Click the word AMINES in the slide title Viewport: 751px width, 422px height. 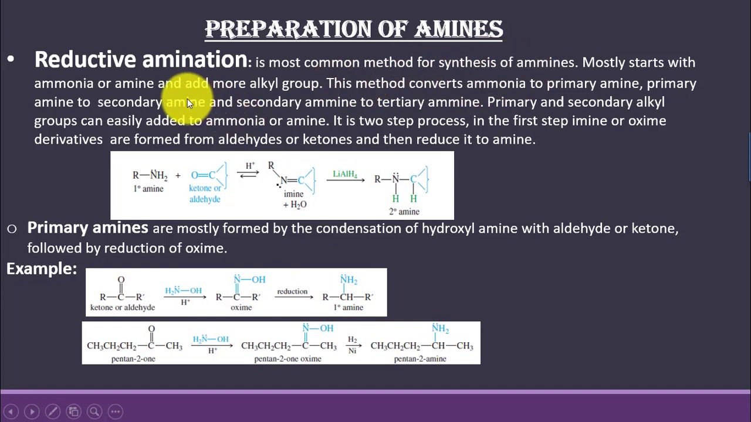[x=459, y=29]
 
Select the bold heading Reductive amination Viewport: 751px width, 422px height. [x=141, y=60]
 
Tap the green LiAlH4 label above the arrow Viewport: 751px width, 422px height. [x=345, y=174]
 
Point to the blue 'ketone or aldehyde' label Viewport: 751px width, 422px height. [x=205, y=193]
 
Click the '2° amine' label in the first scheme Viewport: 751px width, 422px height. [x=404, y=212]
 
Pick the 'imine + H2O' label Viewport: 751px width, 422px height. [x=294, y=199]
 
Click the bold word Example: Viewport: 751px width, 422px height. [x=42, y=269]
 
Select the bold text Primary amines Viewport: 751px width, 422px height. [x=87, y=227]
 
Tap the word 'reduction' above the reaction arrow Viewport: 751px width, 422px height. [x=292, y=291]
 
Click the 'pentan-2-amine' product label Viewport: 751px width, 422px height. [x=420, y=359]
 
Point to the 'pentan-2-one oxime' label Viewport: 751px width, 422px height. [x=287, y=359]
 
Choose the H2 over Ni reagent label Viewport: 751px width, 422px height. [x=352, y=345]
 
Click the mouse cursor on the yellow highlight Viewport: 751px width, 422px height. [x=190, y=103]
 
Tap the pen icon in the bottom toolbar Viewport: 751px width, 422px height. [x=52, y=411]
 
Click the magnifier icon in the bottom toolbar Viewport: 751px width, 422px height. [x=94, y=411]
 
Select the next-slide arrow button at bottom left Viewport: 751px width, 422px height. [x=32, y=411]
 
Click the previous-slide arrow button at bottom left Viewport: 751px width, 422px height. [x=11, y=411]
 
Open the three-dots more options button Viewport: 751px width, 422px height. [x=116, y=411]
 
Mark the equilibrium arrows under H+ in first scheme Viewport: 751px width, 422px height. [x=249, y=174]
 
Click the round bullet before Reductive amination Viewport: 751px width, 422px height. [x=11, y=60]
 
